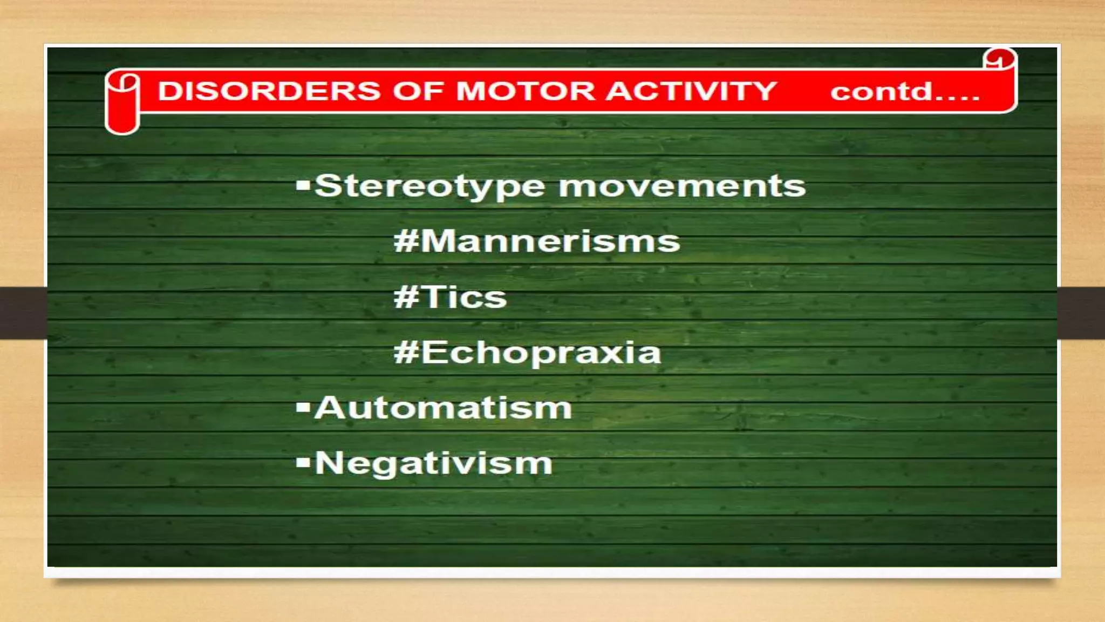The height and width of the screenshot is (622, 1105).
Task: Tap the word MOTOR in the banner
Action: [526, 91]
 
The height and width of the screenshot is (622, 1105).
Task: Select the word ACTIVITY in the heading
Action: [691, 91]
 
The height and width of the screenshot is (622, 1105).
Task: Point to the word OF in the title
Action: [419, 91]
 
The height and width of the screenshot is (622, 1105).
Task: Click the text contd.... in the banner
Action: [905, 92]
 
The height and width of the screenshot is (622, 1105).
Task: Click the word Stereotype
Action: [429, 187]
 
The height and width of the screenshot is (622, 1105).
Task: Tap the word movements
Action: [682, 187]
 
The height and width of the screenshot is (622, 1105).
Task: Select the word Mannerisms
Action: [550, 241]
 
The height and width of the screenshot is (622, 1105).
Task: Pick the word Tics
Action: [465, 297]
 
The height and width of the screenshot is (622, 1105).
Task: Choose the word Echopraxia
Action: [541, 353]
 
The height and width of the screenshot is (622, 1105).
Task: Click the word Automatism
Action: [443, 408]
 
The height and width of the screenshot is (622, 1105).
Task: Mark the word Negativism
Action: [434, 464]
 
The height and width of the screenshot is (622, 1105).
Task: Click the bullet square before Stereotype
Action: [303, 186]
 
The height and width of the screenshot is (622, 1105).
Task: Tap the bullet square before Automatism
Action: [303, 407]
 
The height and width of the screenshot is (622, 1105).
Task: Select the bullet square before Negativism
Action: [303, 462]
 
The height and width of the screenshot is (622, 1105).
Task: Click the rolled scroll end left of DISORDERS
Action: [122, 103]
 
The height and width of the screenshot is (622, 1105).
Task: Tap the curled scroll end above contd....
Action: [999, 58]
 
